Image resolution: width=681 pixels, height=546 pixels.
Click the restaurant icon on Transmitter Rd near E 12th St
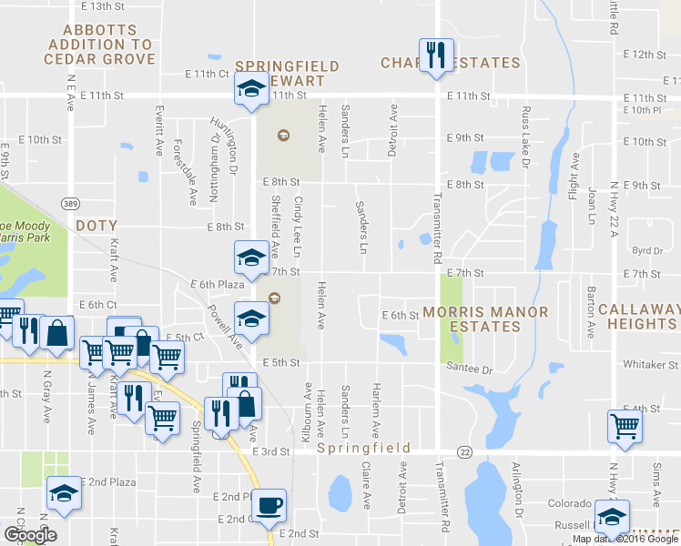432,56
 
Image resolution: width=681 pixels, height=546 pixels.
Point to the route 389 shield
69,201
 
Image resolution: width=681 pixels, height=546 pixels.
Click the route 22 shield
465,452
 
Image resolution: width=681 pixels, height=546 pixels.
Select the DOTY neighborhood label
97,225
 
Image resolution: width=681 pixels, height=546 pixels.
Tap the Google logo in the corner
30,535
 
